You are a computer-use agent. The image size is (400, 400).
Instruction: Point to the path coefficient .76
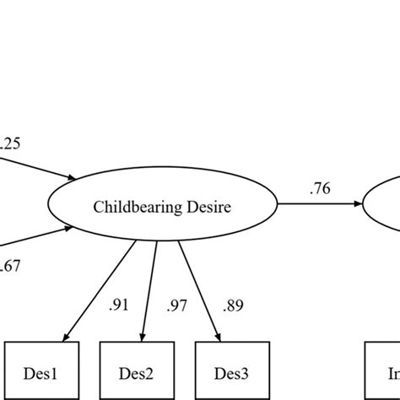pos(319,190)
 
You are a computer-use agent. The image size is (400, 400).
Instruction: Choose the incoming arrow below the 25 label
pos(38,166)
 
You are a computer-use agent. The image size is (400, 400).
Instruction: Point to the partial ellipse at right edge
pos(384,205)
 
